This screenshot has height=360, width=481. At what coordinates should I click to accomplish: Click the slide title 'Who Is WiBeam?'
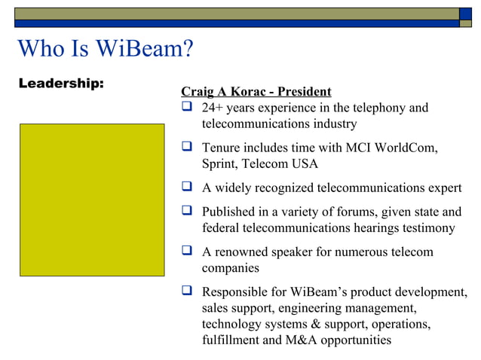[x=105, y=49]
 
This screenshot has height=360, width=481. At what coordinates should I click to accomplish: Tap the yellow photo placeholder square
[x=91, y=200]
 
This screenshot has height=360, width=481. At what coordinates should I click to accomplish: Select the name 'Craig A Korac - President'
[x=256, y=92]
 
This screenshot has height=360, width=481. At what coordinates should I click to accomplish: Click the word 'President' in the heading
[x=305, y=92]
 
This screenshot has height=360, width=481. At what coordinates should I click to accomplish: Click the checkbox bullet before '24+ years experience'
[x=187, y=108]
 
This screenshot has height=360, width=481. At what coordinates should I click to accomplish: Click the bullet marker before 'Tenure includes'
[x=187, y=147]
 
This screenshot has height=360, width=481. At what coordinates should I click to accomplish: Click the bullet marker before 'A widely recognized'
[x=187, y=188]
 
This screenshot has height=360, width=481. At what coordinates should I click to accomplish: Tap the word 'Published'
[x=231, y=212]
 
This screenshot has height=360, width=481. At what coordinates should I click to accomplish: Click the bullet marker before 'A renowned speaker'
[x=187, y=252]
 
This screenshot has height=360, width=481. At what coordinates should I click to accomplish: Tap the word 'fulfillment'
[x=231, y=340]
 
